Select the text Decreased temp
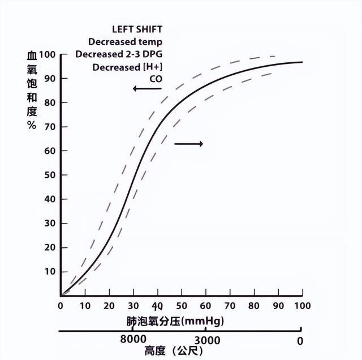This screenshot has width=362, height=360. point(125,42)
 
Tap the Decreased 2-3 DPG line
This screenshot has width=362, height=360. point(119,54)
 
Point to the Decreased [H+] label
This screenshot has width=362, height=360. point(127,67)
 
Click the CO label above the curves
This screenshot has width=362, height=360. point(156,79)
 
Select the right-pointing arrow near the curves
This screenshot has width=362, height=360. point(188,144)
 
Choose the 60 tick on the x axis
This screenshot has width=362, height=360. point(206,306)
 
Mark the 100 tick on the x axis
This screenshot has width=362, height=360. point(303,306)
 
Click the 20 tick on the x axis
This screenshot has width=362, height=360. point(109,306)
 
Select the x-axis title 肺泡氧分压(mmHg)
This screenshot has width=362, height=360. point(175,321)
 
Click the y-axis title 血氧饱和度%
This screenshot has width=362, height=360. point(32,91)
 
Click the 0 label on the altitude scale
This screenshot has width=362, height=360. point(300,341)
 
